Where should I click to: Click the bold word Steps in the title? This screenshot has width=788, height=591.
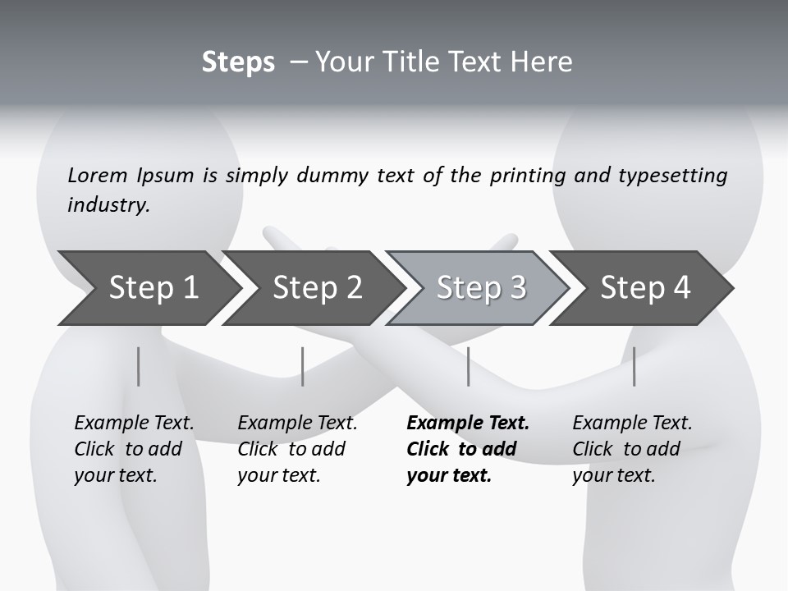click(x=238, y=62)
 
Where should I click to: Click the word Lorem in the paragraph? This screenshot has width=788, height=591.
click(x=98, y=176)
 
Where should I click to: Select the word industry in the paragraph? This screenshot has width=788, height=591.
click(x=108, y=205)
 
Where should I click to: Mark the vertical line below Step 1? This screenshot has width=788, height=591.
click(x=139, y=366)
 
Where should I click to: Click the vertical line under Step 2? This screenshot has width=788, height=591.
click(x=303, y=366)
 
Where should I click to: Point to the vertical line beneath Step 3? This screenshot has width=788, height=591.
click(x=468, y=366)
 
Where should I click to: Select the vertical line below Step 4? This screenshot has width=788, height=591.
click(x=634, y=366)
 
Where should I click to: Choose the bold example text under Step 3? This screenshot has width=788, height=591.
click(x=467, y=449)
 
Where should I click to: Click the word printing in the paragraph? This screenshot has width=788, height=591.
click(x=527, y=176)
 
